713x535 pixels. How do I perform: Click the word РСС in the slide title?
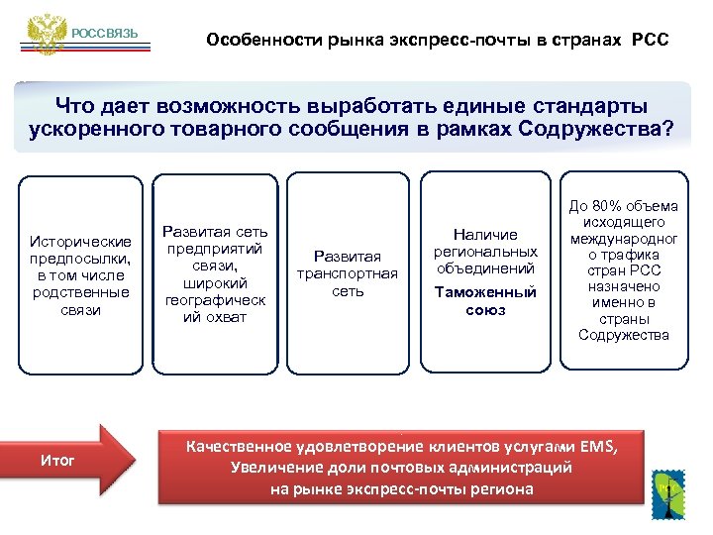(x=650, y=41)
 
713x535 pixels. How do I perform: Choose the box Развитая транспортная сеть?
(x=348, y=273)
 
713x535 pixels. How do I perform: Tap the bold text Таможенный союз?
(x=485, y=301)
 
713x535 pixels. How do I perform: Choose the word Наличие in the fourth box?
(x=485, y=235)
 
